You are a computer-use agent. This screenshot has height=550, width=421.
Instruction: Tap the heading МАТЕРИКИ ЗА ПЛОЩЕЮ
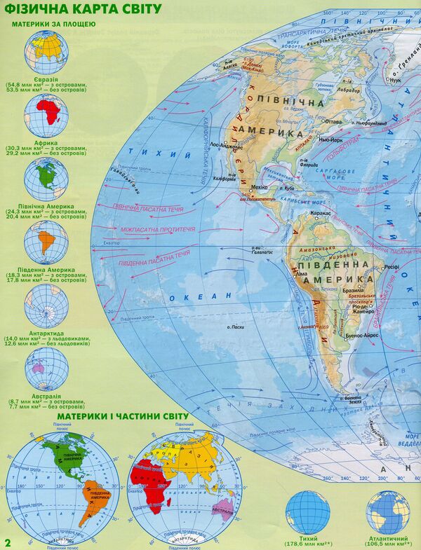(x=53, y=25)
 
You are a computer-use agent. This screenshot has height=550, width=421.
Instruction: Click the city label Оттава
(x=334, y=121)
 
